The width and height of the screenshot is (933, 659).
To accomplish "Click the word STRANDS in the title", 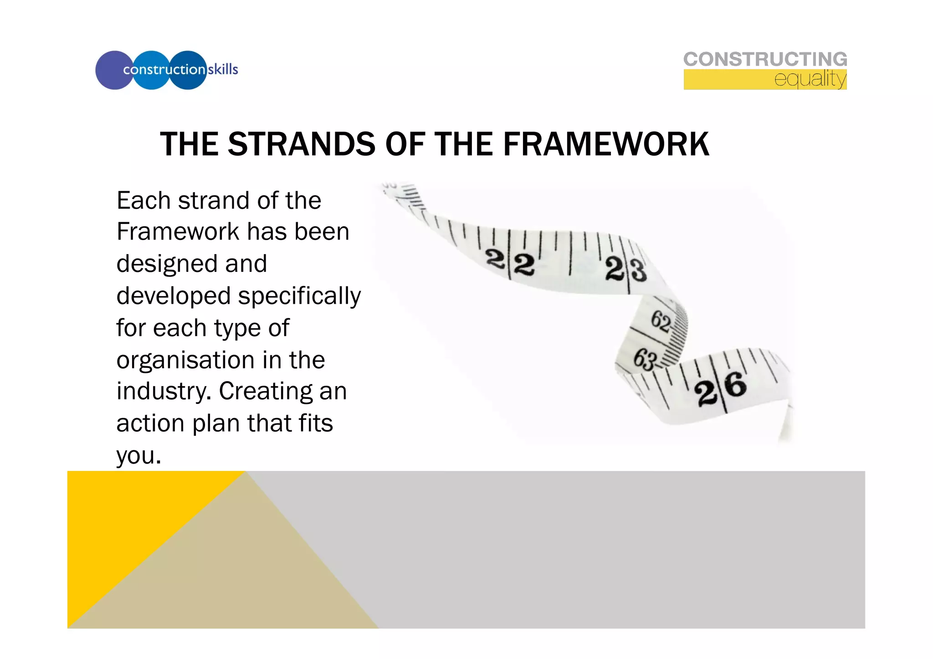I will click(302, 144).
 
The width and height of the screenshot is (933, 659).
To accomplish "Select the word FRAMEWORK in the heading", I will click(606, 144).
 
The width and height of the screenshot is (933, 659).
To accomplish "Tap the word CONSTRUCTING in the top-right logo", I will click(765, 60).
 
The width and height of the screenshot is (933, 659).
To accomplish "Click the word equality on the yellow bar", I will click(810, 79).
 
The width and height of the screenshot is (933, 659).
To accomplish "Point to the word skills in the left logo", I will click(223, 69).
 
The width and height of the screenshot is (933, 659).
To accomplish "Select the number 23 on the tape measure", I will click(626, 270).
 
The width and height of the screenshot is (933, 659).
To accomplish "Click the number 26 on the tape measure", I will click(721, 388).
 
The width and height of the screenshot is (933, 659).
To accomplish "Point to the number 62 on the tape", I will click(661, 322).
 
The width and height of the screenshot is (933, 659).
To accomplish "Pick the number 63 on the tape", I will click(645, 359).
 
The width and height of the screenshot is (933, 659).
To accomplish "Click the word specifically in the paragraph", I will click(299, 297).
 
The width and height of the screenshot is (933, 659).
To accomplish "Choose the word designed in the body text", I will click(166, 264).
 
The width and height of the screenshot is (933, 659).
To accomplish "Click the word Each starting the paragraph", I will click(143, 200).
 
